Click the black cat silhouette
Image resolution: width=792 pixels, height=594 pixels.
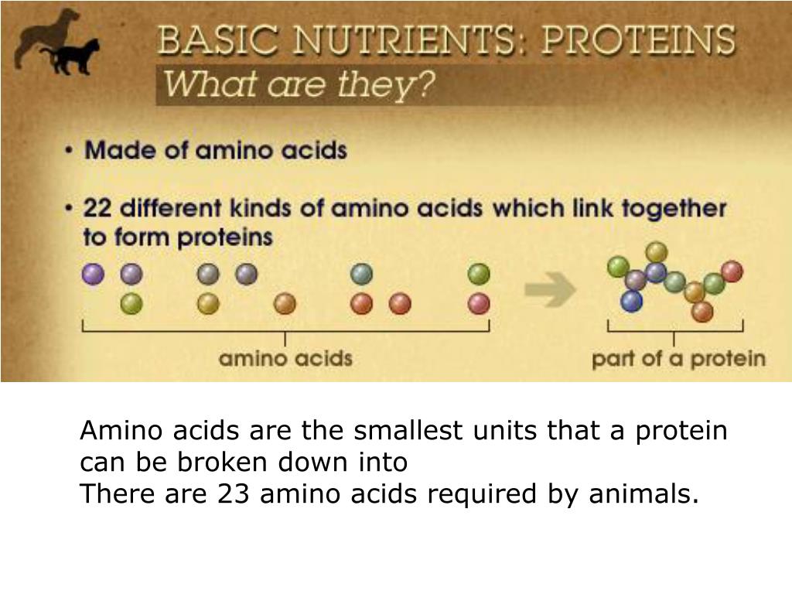pyautogui.click(x=76, y=58)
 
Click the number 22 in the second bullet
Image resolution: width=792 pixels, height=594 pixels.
pyautogui.click(x=99, y=209)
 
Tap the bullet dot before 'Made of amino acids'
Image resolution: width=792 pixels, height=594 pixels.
pyautogui.click(x=70, y=152)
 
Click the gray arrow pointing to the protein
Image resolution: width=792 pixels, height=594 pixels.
pyautogui.click(x=550, y=291)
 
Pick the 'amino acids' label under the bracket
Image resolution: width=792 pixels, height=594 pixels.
pyautogui.click(x=285, y=358)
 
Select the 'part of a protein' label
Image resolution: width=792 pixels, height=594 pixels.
pyautogui.click(x=678, y=359)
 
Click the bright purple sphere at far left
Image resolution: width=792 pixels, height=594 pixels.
pyautogui.click(x=93, y=274)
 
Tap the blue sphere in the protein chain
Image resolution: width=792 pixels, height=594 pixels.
pyautogui.click(x=632, y=301)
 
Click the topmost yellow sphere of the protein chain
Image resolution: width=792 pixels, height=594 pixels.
pyautogui.click(x=657, y=251)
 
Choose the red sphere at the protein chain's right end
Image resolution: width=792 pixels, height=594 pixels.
pyautogui.click(x=732, y=271)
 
